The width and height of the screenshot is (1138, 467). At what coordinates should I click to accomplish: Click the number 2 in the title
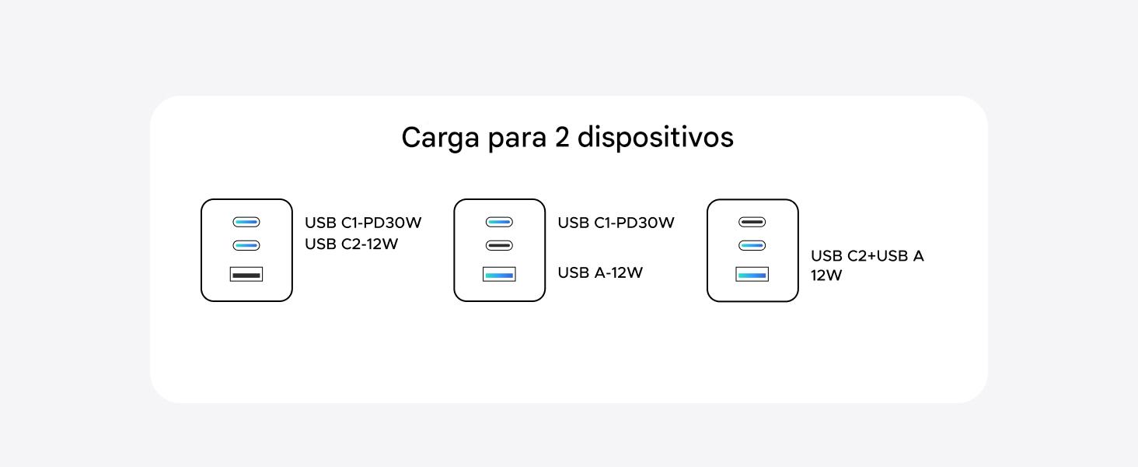coord(561,137)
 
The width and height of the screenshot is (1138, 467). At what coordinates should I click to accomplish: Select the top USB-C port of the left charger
coord(246,222)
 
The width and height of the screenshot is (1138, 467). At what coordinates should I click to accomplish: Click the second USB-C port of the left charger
coord(246,245)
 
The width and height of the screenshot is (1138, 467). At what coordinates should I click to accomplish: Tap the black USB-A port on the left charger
coord(246,274)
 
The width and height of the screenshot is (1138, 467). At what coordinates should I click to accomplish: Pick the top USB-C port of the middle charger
coord(499,222)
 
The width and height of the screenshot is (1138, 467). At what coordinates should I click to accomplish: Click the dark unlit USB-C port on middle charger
coord(499,245)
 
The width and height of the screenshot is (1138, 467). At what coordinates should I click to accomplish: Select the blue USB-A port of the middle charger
coord(499,274)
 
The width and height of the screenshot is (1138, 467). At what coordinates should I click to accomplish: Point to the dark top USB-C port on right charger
coord(752,222)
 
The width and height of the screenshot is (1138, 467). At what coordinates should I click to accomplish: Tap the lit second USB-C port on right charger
coord(752,245)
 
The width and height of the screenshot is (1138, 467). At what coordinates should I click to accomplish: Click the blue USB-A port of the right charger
coord(752,274)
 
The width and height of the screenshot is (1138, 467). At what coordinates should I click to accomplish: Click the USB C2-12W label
coord(351,244)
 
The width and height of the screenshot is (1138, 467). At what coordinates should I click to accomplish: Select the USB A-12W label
coord(600,273)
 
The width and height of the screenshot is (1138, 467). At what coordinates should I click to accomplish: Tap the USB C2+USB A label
coord(867,256)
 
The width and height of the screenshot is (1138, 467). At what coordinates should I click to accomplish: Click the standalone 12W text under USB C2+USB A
coord(826,276)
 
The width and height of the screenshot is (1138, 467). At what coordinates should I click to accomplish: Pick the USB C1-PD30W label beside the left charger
coord(363,223)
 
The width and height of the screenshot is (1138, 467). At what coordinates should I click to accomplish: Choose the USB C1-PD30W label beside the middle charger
coord(616,223)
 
